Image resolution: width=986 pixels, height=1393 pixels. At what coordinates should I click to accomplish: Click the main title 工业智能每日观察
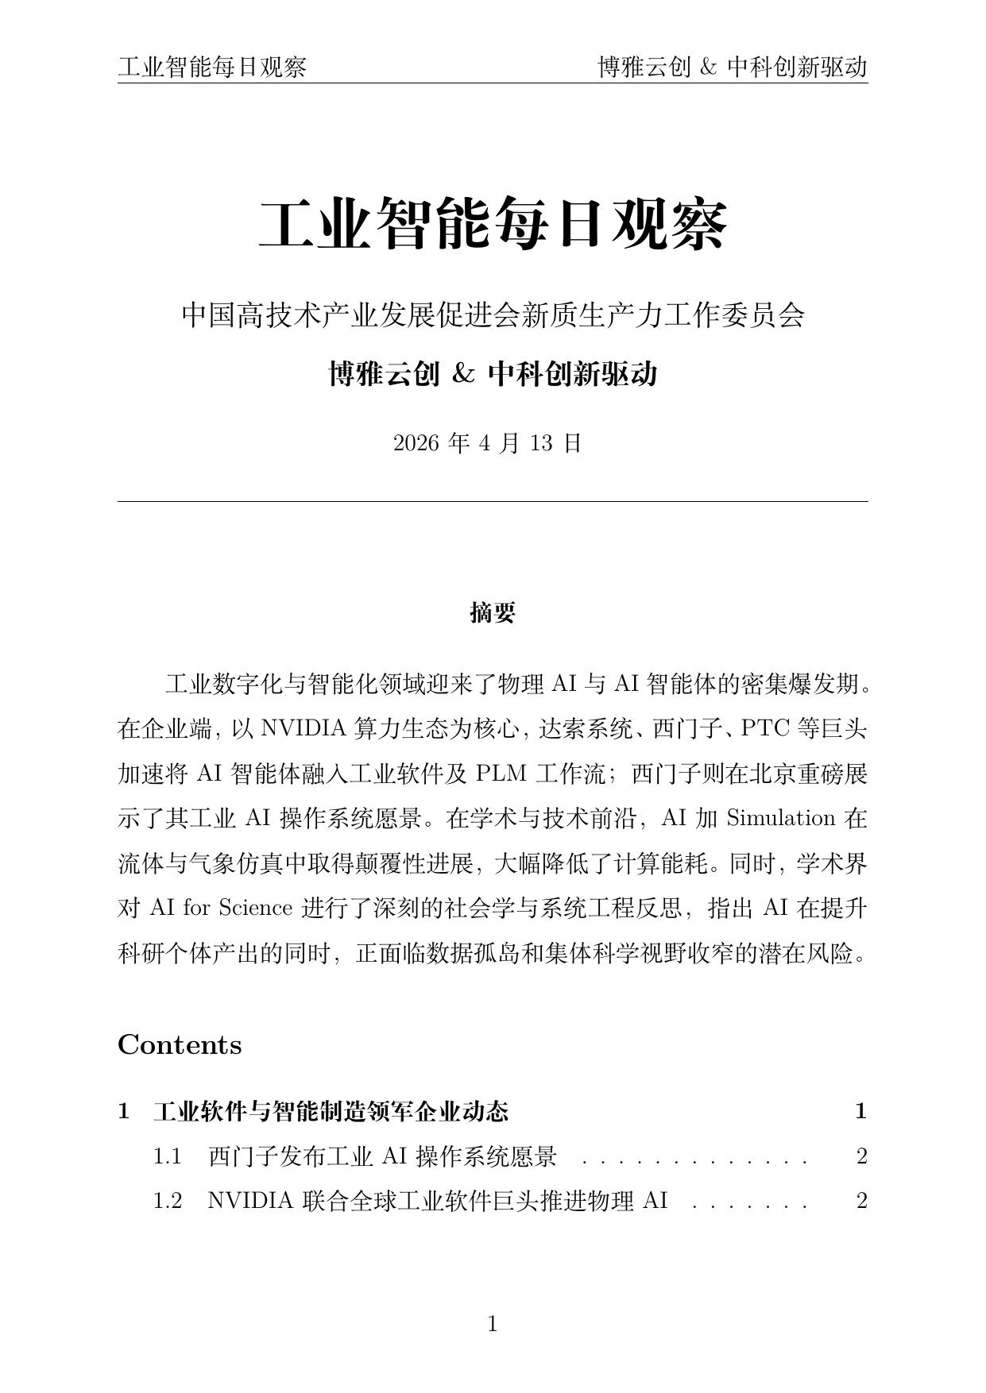[x=493, y=225]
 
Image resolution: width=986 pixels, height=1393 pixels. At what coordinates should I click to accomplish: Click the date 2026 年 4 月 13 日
[x=488, y=443]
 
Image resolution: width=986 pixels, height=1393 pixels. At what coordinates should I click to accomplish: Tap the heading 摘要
[x=493, y=612]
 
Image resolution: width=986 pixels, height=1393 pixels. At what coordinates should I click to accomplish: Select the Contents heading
[x=180, y=1045]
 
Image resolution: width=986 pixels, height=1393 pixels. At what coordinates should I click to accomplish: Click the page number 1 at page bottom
[x=492, y=1323]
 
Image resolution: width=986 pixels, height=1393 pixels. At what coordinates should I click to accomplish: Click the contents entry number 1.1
[x=168, y=1156]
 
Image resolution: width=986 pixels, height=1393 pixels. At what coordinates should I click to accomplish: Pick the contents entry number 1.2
[x=168, y=1201]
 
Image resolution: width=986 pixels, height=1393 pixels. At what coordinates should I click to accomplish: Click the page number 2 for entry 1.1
[x=861, y=1156]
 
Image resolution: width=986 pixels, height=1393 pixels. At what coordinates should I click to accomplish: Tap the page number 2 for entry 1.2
[x=861, y=1201]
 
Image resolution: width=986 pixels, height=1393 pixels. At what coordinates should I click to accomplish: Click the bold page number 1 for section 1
[x=860, y=1112]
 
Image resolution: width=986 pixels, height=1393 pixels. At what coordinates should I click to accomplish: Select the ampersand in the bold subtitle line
[x=462, y=373]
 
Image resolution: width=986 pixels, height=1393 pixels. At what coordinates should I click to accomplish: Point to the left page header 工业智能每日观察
[x=212, y=68]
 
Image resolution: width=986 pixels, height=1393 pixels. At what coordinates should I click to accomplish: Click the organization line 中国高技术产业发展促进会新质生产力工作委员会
[x=493, y=315]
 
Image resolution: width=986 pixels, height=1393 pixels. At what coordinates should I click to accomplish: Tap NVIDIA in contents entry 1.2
[x=250, y=1201]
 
